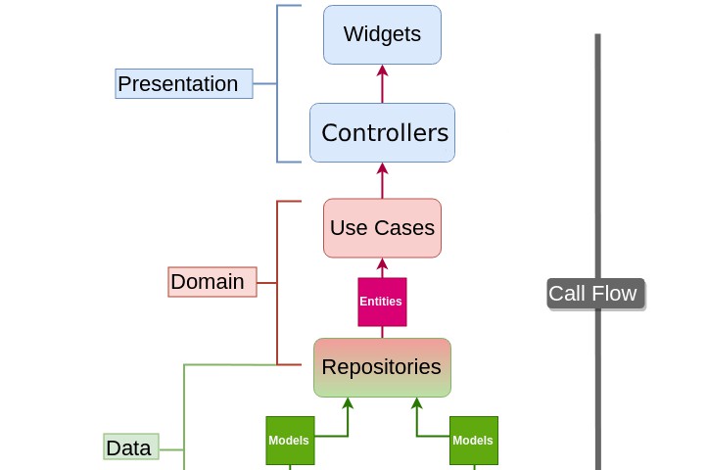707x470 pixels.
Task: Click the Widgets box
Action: [x=382, y=34]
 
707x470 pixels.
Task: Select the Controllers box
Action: [x=382, y=132]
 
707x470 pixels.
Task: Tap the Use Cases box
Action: [x=382, y=228]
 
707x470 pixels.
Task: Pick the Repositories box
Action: [x=382, y=367]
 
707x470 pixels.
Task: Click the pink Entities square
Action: [x=382, y=302]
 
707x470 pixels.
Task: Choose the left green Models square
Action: [x=290, y=441]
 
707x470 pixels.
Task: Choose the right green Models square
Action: [x=474, y=441]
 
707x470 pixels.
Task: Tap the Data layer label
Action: [x=131, y=447]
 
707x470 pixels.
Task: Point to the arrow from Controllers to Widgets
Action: [x=382, y=84]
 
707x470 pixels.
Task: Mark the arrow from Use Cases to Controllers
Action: [x=382, y=181]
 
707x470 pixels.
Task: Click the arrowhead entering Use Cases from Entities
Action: [x=382, y=264]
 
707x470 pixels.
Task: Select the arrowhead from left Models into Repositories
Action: [x=347, y=403]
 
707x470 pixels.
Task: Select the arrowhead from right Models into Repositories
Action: [x=417, y=403]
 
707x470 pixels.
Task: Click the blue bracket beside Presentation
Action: [x=278, y=84]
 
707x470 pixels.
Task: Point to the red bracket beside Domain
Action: [x=278, y=283]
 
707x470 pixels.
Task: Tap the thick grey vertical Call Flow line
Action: [x=597, y=147]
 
